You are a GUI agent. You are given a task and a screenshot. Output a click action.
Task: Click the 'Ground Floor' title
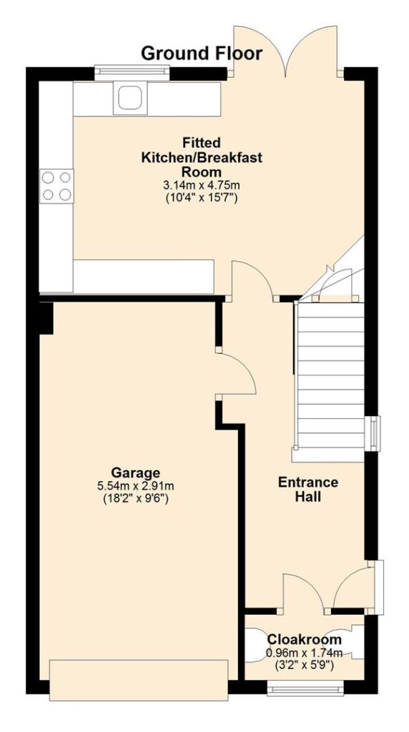201,54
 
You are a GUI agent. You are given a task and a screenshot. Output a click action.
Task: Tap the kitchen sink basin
130,98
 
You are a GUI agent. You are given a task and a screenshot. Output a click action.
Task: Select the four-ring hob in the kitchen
56,186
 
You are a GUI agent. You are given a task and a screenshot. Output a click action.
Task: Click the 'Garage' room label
135,472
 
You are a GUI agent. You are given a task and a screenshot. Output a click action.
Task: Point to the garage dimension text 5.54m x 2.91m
135,486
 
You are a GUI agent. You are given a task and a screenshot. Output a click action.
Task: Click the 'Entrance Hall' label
307,489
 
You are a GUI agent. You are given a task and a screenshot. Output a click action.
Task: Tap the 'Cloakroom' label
304,639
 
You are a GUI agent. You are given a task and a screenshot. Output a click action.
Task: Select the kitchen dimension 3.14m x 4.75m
202,186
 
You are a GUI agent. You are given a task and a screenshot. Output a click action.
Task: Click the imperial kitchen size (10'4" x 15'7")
202,197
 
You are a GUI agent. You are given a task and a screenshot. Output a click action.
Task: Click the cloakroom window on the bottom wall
305,688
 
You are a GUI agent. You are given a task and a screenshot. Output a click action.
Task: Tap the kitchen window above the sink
132,72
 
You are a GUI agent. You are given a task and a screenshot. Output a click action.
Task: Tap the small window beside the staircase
373,433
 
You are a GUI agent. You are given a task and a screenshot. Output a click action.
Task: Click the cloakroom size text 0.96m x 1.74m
305,653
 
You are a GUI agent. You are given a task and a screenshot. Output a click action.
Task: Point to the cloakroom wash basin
357,643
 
